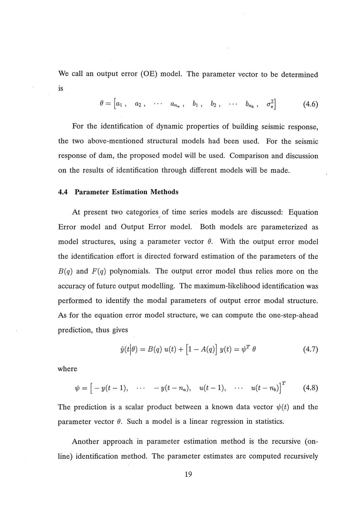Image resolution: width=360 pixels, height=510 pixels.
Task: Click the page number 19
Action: point(188,474)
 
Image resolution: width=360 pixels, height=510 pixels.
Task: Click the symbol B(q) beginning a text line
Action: point(65,271)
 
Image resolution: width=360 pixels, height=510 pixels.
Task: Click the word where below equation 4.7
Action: point(67,369)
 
